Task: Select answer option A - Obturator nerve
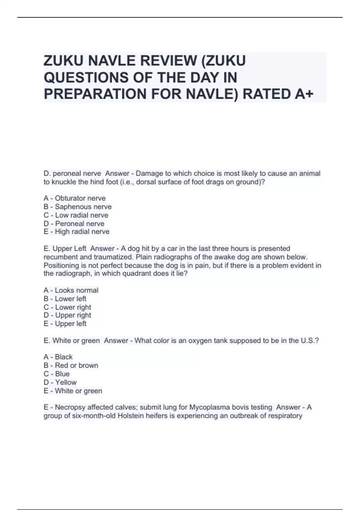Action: tap(74, 198)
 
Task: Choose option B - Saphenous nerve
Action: tap(77, 207)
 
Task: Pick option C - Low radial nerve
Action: tap(76, 215)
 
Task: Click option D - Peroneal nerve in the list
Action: tap(74, 223)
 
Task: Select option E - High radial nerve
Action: tap(76, 232)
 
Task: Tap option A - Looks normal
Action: tap(71, 290)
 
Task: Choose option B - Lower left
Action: tap(65, 298)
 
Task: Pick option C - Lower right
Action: tap(67, 307)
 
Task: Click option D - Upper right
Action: tap(67, 315)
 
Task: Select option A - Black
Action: tap(58, 357)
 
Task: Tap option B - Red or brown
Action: tap(71, 365)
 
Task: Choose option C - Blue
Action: tap(56, 374)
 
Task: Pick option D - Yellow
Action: tap(60, 382)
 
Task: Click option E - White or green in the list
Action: tap(73, 391)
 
